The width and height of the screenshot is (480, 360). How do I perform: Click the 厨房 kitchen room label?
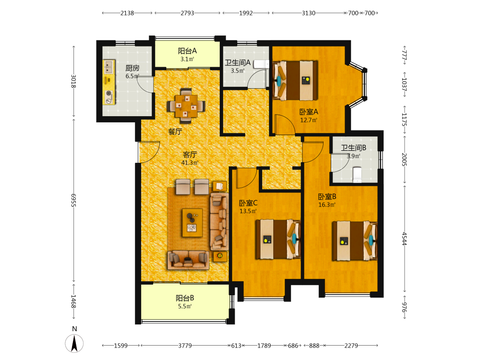point(132,68)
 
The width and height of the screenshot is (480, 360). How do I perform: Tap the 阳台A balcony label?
point(187,51)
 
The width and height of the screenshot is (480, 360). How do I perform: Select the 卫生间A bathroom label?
point(238,63)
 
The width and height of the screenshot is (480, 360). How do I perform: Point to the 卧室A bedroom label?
point(309,112)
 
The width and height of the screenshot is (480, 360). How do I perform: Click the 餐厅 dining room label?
point(175,132)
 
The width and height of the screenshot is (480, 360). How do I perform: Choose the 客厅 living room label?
point(190,155)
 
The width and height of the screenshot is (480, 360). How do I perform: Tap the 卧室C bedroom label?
point(248,203)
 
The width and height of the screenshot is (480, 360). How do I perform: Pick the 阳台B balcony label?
point(185,298)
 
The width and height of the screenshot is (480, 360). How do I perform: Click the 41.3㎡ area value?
point(190,163)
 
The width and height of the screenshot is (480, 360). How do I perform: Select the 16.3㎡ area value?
point(327,204)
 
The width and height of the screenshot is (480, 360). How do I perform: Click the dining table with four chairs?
point(186,106)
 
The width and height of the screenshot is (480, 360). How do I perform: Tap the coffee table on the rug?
point(192,223)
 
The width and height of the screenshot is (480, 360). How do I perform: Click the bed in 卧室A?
point(295,81)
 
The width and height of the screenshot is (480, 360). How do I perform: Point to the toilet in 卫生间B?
point(357,174)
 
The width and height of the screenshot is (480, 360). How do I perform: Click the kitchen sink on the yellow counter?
point(108,67)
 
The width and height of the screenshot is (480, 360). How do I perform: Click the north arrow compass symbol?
point(74,343)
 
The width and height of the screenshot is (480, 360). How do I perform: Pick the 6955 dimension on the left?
point(73,200)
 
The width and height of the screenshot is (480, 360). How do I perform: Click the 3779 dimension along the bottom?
point(185,346)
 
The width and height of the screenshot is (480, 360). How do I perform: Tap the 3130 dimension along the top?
point(309,13)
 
